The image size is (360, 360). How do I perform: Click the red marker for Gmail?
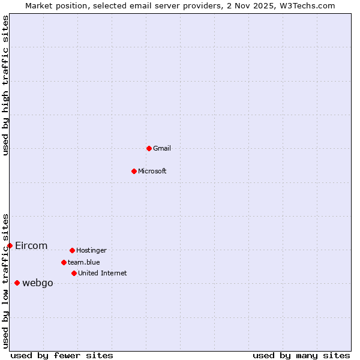[149, 148]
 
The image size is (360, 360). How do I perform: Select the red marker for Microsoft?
[134, 171]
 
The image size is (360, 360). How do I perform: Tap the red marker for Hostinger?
[72, 250]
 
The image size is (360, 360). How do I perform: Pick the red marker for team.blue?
[64, 262]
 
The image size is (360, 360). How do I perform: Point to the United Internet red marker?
[74, 273]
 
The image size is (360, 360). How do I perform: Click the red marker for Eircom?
[10, 245]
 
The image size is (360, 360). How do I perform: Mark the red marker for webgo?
[17, 283]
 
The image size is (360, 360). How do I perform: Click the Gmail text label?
[162, 148]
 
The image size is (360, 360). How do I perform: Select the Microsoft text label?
[152, 171]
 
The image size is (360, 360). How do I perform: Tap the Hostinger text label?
[91, 250]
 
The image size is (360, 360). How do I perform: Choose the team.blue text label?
[84, 262]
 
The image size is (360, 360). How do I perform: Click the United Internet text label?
[103, 273]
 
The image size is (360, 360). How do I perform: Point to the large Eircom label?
[31, 245]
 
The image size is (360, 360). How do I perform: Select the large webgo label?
[38, 283]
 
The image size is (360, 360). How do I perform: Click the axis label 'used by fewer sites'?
[62, 355]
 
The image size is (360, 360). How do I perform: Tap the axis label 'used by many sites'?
[301, 355]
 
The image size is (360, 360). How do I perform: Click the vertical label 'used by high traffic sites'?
[5, 85]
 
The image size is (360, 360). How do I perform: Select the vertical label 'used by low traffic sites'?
[5, 280]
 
